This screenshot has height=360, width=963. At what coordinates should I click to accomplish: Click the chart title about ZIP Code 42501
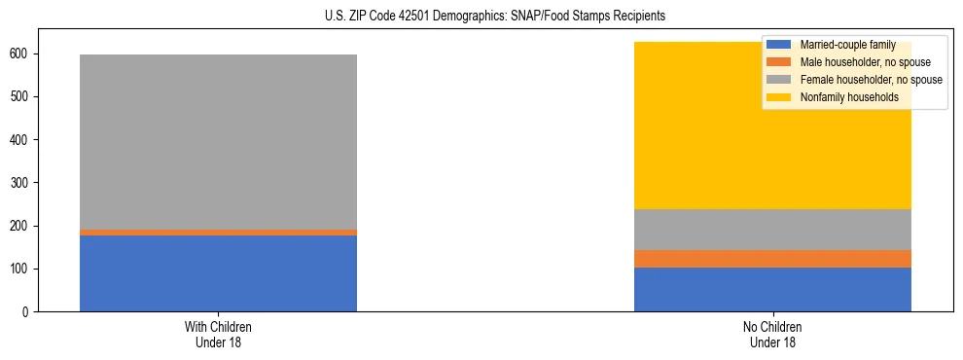(481, 17)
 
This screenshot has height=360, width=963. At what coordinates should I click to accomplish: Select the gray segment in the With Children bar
(218, 142)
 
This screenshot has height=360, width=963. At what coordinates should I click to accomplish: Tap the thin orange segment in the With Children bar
(218, 233)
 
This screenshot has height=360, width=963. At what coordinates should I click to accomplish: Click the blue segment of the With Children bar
(218, 273)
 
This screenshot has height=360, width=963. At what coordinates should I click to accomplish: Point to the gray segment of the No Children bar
(772, 230)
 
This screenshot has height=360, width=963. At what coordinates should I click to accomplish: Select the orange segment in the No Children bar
(772, 259)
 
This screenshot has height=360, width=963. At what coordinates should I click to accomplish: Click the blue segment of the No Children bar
(772, 289)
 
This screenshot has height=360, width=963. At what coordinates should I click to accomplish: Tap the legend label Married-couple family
(846, 45)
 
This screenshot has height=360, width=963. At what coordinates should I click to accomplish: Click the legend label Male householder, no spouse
(858, 62)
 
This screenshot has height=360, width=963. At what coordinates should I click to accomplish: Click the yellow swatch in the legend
(779, 97)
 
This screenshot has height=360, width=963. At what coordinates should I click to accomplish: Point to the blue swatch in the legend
(779, 45)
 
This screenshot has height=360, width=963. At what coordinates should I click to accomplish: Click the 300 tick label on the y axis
(21, 183)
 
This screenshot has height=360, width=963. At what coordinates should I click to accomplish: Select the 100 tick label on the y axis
(21, 269)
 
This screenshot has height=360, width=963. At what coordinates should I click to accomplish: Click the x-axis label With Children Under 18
(218, 334)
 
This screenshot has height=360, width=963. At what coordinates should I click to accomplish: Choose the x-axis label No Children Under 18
(772, 334)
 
